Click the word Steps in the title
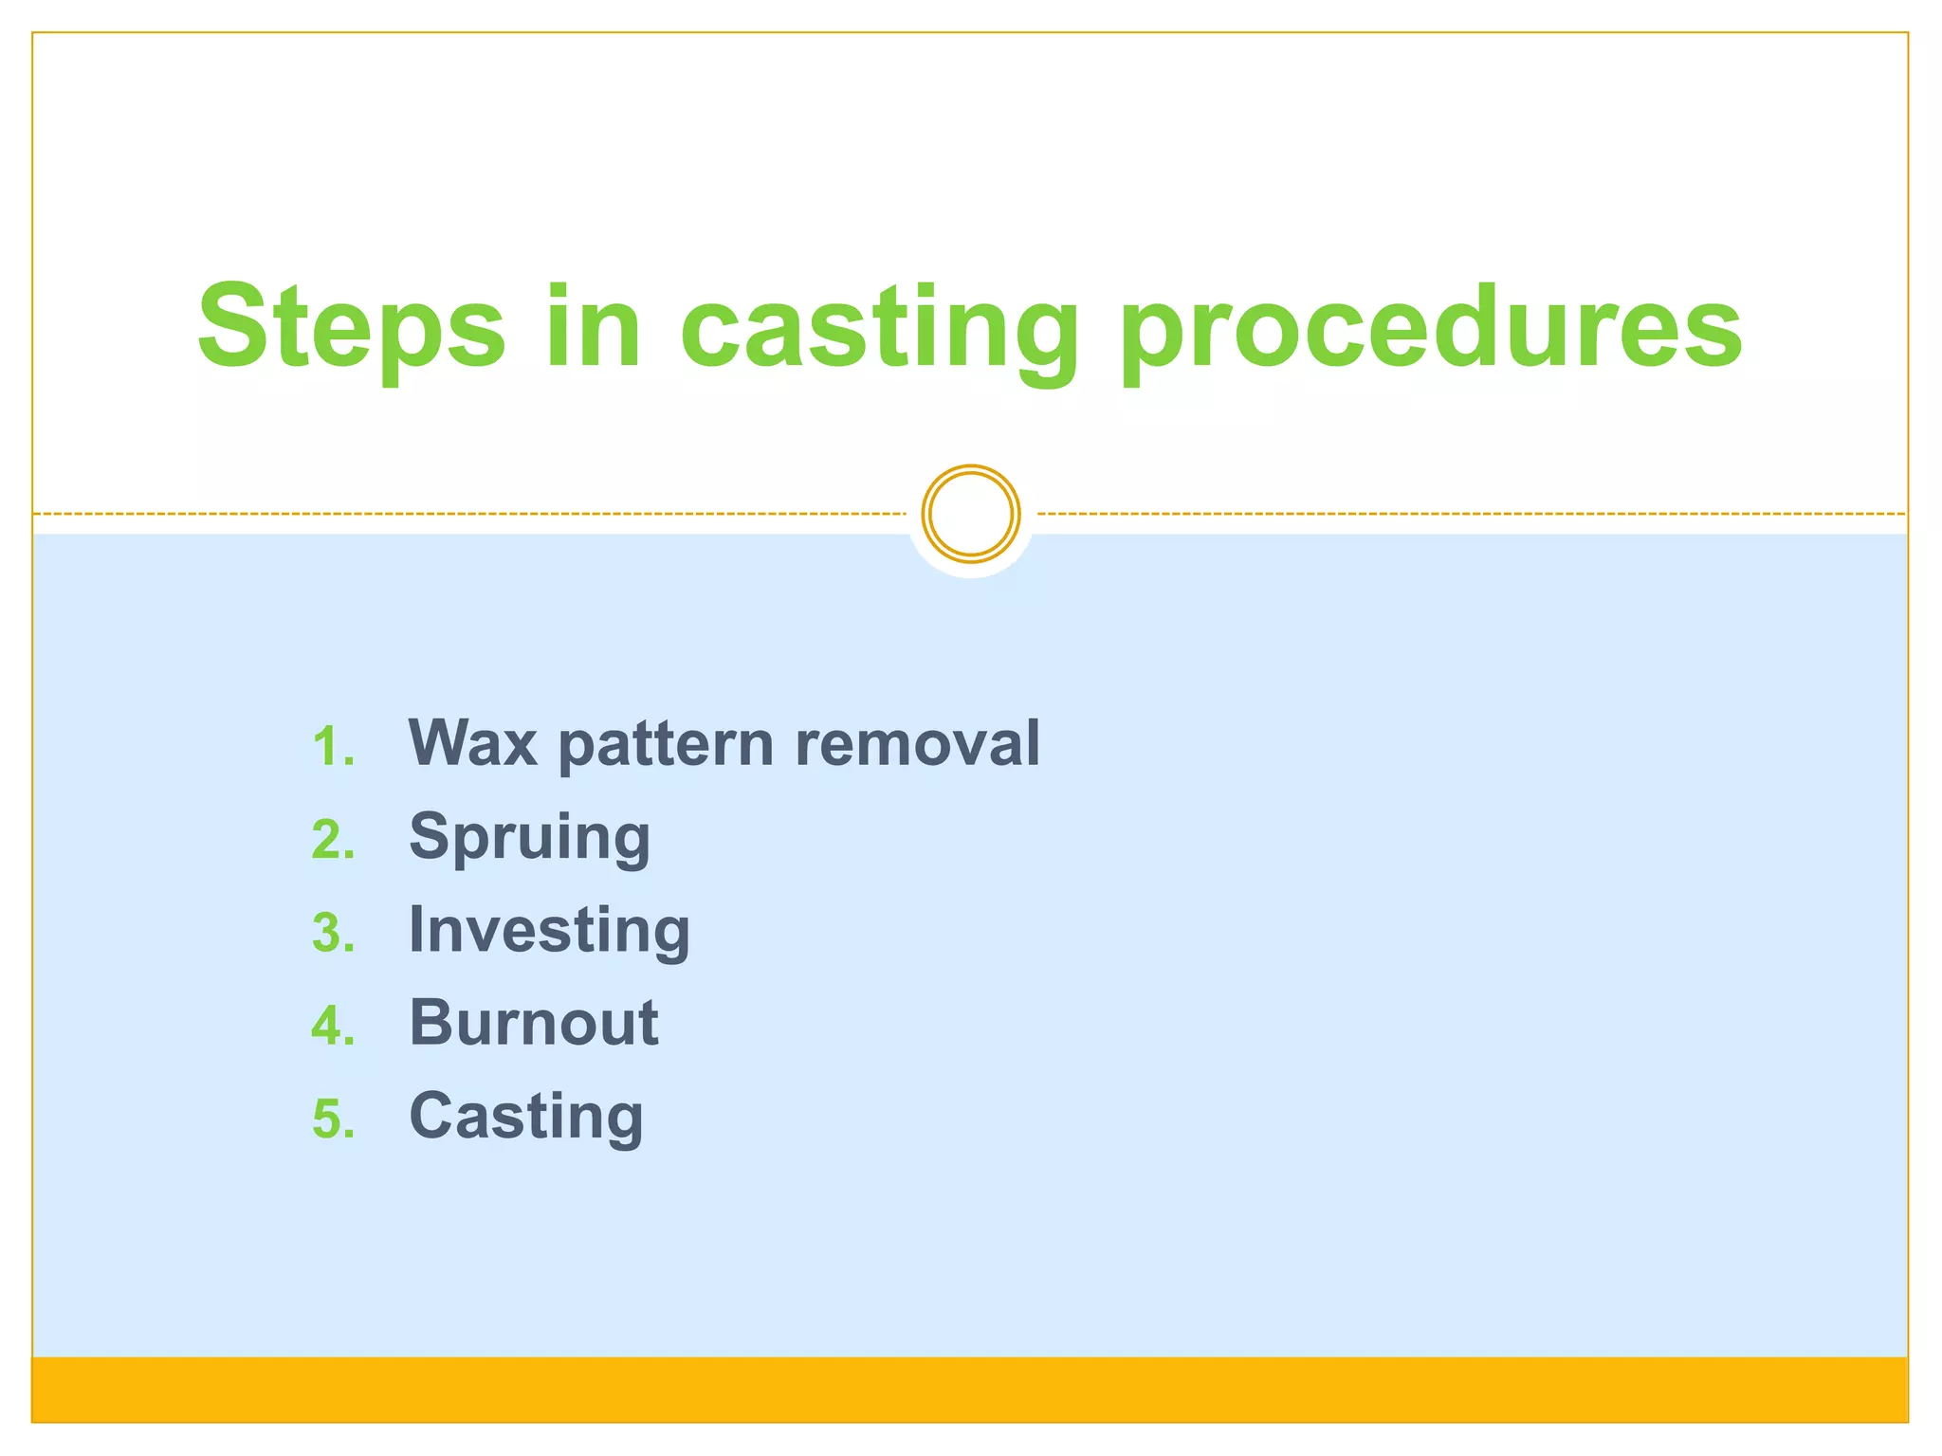pyautogui.click(x=351, y=327)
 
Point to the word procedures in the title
pyautogui.click(x=1431, y=332)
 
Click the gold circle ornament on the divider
pyautogui.click(x=970, y=514)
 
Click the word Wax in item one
pyautogui.click(x=472, y=743)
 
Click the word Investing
pyautogui.click(x=549, y=932)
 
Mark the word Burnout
pyautogui.click(x=533, y=1024)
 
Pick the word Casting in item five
pyautogui.click(x=526, y=1118)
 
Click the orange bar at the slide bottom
pyautogui.click(x=970, y=1389)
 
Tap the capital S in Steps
pyautogui.click(x=232, y=327)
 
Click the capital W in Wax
pyautogui.click(x=441, y=743)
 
